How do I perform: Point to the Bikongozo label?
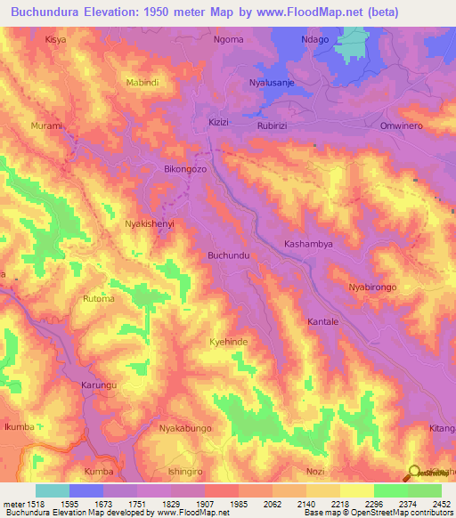(x=185, y=168)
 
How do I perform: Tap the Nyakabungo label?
(x=185, y=429)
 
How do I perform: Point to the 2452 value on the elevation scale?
(x=436, y=504)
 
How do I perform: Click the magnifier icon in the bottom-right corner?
(x=414, y=473)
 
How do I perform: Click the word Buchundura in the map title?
(x=53, y=12)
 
